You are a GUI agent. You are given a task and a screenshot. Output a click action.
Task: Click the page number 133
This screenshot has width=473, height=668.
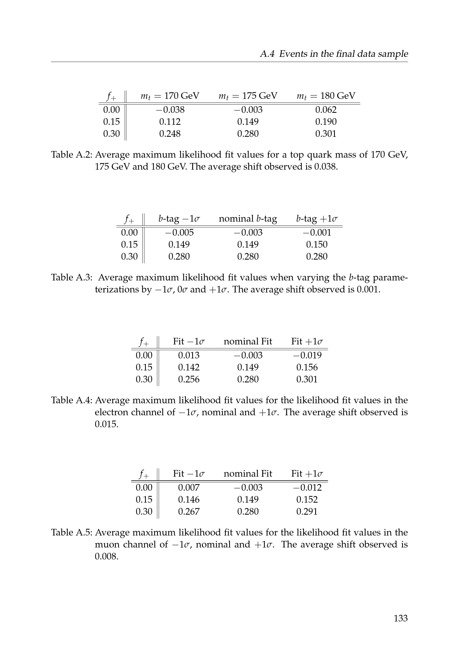point(400,618)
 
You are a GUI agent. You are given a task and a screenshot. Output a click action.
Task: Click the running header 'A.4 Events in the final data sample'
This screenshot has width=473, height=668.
point(334,54)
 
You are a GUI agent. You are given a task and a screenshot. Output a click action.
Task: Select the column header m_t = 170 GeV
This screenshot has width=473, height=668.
point(170,96)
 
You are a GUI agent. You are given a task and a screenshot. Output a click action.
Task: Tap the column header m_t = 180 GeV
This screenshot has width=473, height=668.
point(326,96)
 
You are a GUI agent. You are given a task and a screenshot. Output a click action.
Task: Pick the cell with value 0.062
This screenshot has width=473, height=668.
point(326,110)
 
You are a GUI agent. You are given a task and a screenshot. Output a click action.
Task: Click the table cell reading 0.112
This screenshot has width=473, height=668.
point(170,122)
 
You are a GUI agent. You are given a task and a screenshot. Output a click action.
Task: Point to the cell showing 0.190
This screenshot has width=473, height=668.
point(326,122)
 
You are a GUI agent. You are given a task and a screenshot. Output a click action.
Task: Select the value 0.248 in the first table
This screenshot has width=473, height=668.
point(170,134)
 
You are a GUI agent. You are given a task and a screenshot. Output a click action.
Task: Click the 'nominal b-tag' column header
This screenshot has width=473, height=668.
point(248,218)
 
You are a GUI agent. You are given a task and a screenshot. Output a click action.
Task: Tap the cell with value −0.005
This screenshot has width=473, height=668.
point(179,232)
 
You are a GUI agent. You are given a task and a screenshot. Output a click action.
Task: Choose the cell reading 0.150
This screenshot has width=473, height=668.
point(317,244)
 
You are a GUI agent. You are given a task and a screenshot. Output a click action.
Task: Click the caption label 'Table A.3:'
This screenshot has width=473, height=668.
point(72,278)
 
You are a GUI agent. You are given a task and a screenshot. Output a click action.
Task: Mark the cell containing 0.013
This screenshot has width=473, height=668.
point(189,355)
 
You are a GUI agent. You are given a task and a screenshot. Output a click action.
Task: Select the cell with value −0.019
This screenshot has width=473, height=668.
point(307,355)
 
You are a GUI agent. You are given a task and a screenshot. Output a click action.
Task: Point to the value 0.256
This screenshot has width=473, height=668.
point(189,379)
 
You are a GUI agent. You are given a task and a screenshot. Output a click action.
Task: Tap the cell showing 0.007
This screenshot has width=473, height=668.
point(189,487)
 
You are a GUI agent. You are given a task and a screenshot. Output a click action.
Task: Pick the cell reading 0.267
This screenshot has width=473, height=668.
point(189,511)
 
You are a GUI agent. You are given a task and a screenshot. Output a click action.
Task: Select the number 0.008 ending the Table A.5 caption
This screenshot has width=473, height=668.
point(107,557)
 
